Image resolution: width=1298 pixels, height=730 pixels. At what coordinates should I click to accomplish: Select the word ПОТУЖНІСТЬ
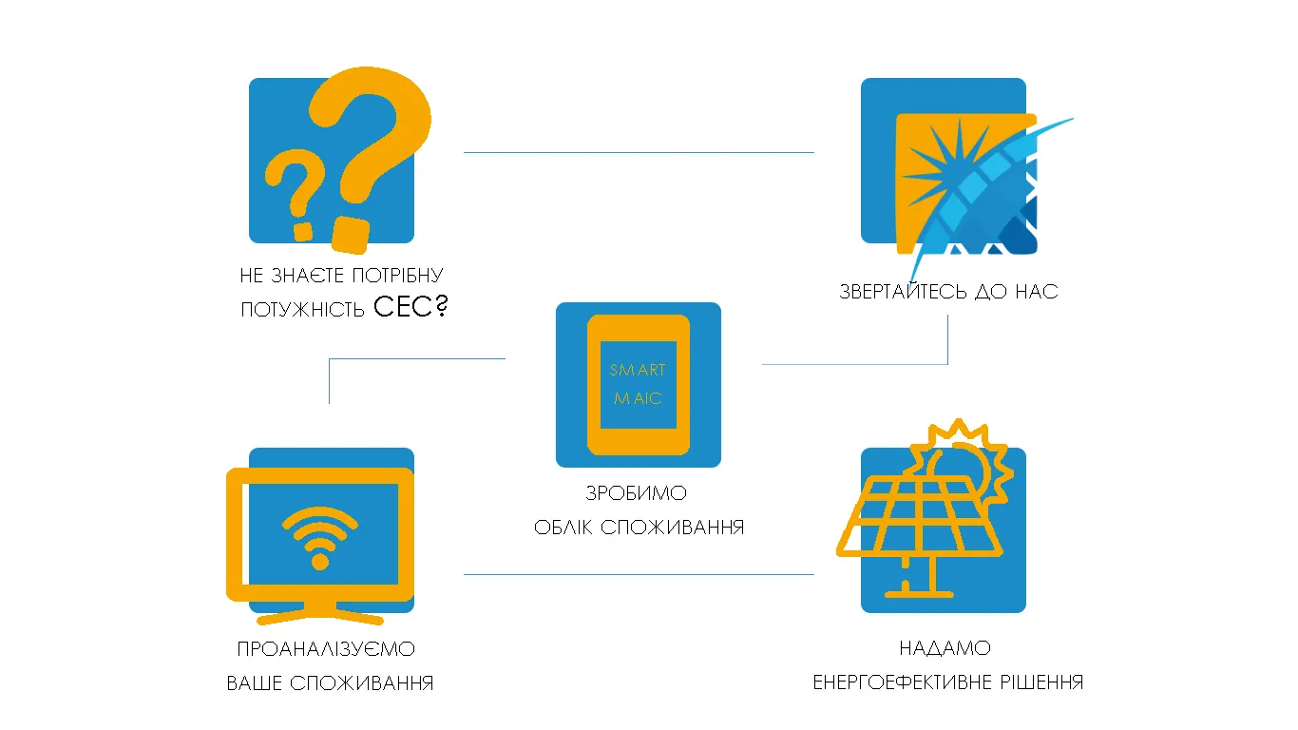tap(302, 310)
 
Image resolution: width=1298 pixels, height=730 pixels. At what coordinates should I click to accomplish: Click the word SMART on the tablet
tap(638, 370)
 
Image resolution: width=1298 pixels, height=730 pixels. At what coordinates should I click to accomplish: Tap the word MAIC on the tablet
tap(638, 398)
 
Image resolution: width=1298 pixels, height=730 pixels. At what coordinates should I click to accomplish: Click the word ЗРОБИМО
tap(638, 494)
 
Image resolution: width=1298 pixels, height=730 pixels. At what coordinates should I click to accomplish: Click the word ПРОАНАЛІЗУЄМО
tap(326, 649)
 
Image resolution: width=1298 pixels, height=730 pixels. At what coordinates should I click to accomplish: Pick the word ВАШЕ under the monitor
tap(254, 683)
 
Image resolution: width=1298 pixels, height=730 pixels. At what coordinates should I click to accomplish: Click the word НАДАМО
tap(945, 648)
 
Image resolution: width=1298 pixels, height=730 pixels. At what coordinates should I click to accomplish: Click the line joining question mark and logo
tap(639, 152)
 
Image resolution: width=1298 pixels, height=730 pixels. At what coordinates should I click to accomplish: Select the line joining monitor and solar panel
tap(639, 574)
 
